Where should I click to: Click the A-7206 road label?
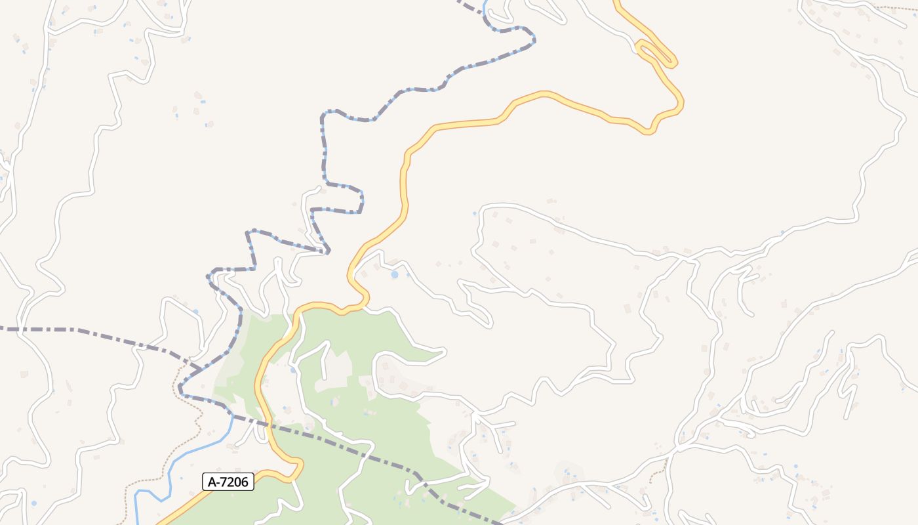(x=228, y=482)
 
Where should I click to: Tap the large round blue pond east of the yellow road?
(x=394, y=275)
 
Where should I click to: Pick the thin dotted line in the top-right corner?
(x=898, y=8)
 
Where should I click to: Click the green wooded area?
(x=393, y=407)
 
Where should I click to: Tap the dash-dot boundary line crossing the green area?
(x=367, y=453)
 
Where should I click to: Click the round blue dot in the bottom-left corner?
(x=33, y=503)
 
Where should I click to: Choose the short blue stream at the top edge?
(x=485, y=7)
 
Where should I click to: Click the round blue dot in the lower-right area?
(x=796, y=467)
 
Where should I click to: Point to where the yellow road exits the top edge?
(x=616, y=3)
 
